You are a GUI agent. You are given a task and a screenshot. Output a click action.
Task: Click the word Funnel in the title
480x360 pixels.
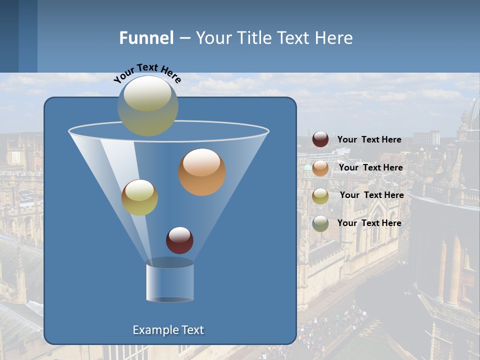pos(146,38)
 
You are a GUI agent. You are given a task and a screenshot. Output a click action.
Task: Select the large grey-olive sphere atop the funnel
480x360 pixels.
pos(148,105)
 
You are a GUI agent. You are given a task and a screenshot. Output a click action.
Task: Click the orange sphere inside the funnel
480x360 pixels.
pos(202,171)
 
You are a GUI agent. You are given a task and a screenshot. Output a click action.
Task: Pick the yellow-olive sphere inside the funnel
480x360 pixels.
pos(139,197)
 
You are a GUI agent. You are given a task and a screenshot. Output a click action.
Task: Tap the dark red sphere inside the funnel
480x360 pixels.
pos(179,240)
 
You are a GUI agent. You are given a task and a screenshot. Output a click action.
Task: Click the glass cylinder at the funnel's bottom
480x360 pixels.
pos(169,281)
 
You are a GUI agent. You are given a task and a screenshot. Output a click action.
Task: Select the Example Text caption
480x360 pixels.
pos(168,330)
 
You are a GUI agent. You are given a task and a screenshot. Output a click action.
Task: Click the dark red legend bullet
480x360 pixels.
pos(320,139)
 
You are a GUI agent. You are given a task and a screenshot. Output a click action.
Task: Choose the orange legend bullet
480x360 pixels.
pos(320,168)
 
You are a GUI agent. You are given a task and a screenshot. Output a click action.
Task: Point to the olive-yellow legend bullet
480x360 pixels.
pos(320,195)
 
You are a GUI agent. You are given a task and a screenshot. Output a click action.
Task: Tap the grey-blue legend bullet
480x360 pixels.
pos(320,223)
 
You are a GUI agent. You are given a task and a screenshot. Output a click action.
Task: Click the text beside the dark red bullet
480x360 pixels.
pos(369,140)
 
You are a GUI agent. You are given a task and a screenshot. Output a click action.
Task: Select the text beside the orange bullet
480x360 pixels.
pos(370,167)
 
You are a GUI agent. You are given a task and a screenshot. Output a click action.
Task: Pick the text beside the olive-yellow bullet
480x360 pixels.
pos(371,195)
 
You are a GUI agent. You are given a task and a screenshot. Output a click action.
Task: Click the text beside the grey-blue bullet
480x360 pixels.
pos(369,223)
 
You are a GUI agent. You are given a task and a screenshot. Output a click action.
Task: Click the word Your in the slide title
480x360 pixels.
pos(212,38)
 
